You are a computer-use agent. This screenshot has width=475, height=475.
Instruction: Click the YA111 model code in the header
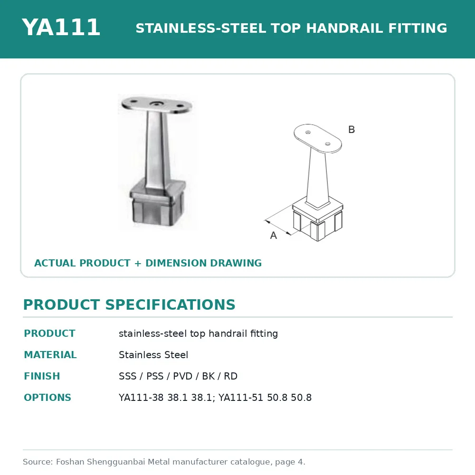61,27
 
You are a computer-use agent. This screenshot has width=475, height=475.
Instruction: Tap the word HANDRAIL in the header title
345,28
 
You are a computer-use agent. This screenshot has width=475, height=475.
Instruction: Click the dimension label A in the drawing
274,236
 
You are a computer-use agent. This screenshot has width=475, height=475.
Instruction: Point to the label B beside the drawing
351,130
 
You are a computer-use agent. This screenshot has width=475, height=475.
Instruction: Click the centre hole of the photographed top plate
156,104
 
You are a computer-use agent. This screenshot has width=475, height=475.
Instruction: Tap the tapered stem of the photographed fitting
156,152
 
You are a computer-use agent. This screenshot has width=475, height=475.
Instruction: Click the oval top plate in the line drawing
318,138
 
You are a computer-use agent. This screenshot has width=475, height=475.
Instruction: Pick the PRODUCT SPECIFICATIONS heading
129,304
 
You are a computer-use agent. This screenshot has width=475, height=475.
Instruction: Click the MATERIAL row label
50,355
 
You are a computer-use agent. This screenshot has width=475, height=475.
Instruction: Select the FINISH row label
42,376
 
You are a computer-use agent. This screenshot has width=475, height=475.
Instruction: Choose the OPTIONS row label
47,397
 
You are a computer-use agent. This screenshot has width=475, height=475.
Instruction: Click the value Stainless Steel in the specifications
153,355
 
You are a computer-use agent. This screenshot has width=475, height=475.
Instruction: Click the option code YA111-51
240,397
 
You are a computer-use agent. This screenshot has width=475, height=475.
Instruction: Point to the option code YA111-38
141,397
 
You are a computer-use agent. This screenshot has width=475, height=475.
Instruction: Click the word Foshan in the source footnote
70,462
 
